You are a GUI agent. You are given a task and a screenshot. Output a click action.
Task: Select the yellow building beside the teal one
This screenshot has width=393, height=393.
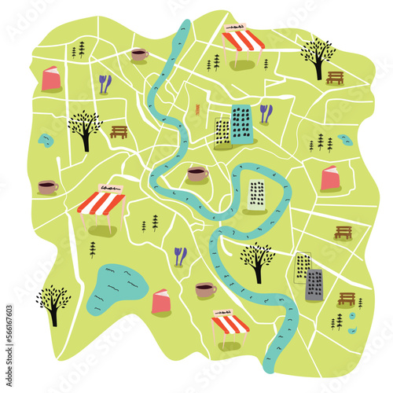coord(222,134)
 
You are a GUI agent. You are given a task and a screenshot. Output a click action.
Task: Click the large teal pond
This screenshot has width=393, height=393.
coord(115,287)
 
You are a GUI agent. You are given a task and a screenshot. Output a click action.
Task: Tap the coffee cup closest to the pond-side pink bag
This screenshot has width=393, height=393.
coord(205,290)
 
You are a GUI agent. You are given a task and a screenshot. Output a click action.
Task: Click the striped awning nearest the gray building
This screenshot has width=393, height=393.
coord(230,324)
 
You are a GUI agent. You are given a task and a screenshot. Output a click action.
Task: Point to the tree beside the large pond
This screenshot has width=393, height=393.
coord(53,303)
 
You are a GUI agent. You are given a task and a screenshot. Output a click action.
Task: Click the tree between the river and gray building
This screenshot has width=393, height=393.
coord(257,259)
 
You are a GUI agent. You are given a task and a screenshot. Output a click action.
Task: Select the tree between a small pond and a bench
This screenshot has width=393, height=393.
coord(84,128)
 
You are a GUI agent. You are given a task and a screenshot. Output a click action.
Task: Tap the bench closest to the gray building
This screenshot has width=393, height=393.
coord(347,299)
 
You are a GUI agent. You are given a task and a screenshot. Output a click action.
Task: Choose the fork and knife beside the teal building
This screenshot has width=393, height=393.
coord(266,113)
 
